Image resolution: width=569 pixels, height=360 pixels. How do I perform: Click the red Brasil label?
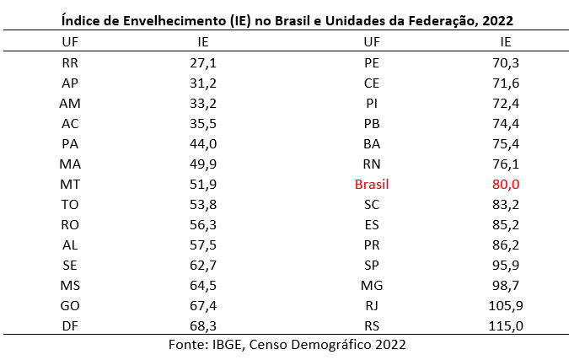[372, 184]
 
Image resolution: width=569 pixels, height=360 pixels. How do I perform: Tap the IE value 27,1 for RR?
[203, 62]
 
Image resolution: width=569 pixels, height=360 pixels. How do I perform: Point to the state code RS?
[372, 325]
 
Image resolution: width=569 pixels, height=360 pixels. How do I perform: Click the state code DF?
[71, 325]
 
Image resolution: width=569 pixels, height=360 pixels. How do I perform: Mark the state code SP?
[372, 265]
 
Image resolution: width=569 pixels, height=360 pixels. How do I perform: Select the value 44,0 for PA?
[203, 143]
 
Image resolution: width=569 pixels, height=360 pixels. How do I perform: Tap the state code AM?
[71, 103]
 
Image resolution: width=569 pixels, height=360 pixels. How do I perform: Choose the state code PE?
[372, 62]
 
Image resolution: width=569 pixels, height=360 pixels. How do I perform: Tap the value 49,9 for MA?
[203, 164]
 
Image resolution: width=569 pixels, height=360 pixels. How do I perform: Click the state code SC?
[372, 204]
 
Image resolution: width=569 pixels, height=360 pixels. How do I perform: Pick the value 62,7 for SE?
[203, 265]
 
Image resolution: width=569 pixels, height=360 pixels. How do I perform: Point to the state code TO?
[71, 204]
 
